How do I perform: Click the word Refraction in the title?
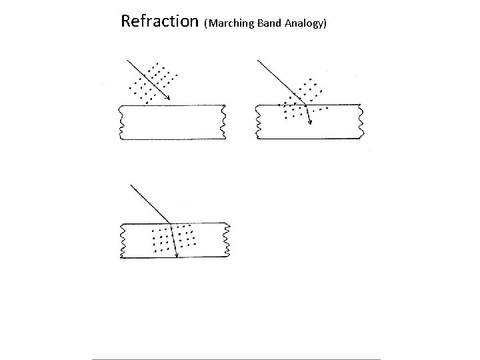tap(159, 21)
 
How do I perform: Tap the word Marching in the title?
tap(231, 24)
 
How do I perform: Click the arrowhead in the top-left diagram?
tap(168, 99)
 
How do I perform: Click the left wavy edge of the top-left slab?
tap(120, 122)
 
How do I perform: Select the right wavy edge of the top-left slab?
tap(224, 122)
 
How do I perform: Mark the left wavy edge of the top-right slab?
tap(258, 122)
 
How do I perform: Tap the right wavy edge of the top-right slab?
tap(361, 122)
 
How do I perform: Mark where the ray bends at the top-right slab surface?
tap(304, 105)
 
